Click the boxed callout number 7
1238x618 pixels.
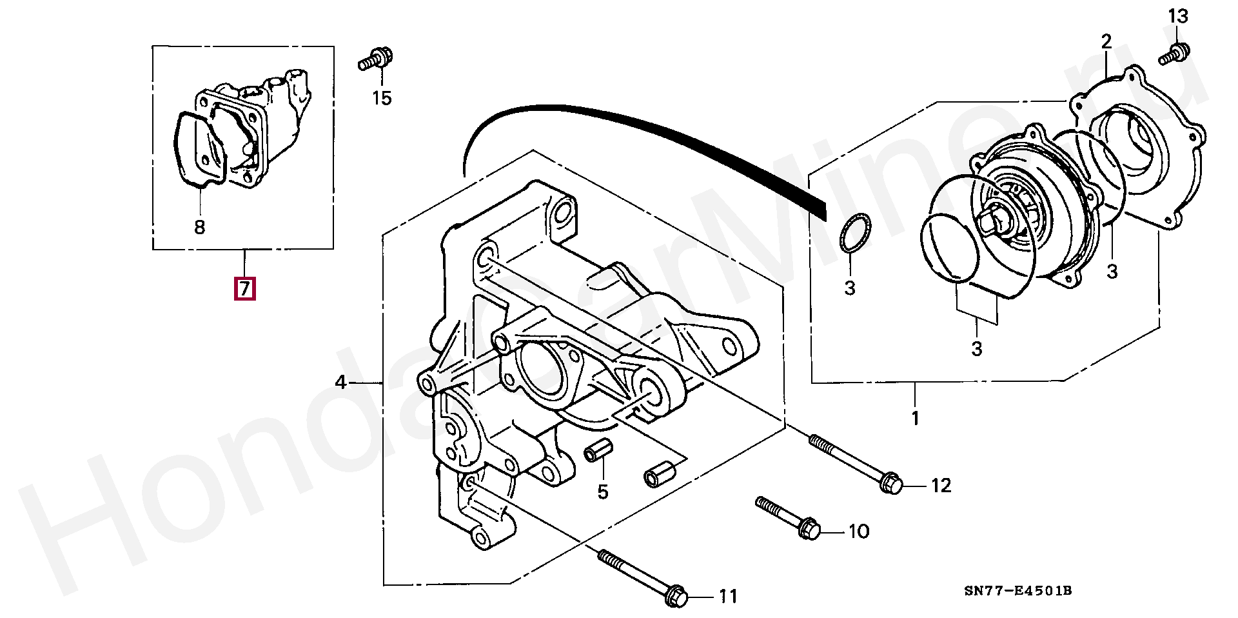pos(245,288)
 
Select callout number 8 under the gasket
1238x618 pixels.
pos(200,227)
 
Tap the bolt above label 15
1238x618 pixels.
pos(374,59)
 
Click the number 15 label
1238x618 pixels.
pos(382,98)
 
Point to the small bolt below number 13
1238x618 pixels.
pos(1175,54)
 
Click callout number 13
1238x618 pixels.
pos(1178,16)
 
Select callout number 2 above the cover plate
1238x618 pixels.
pos(1106,43)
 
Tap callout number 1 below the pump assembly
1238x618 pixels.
pos(915,418)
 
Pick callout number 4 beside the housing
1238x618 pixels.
pos(341,383)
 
